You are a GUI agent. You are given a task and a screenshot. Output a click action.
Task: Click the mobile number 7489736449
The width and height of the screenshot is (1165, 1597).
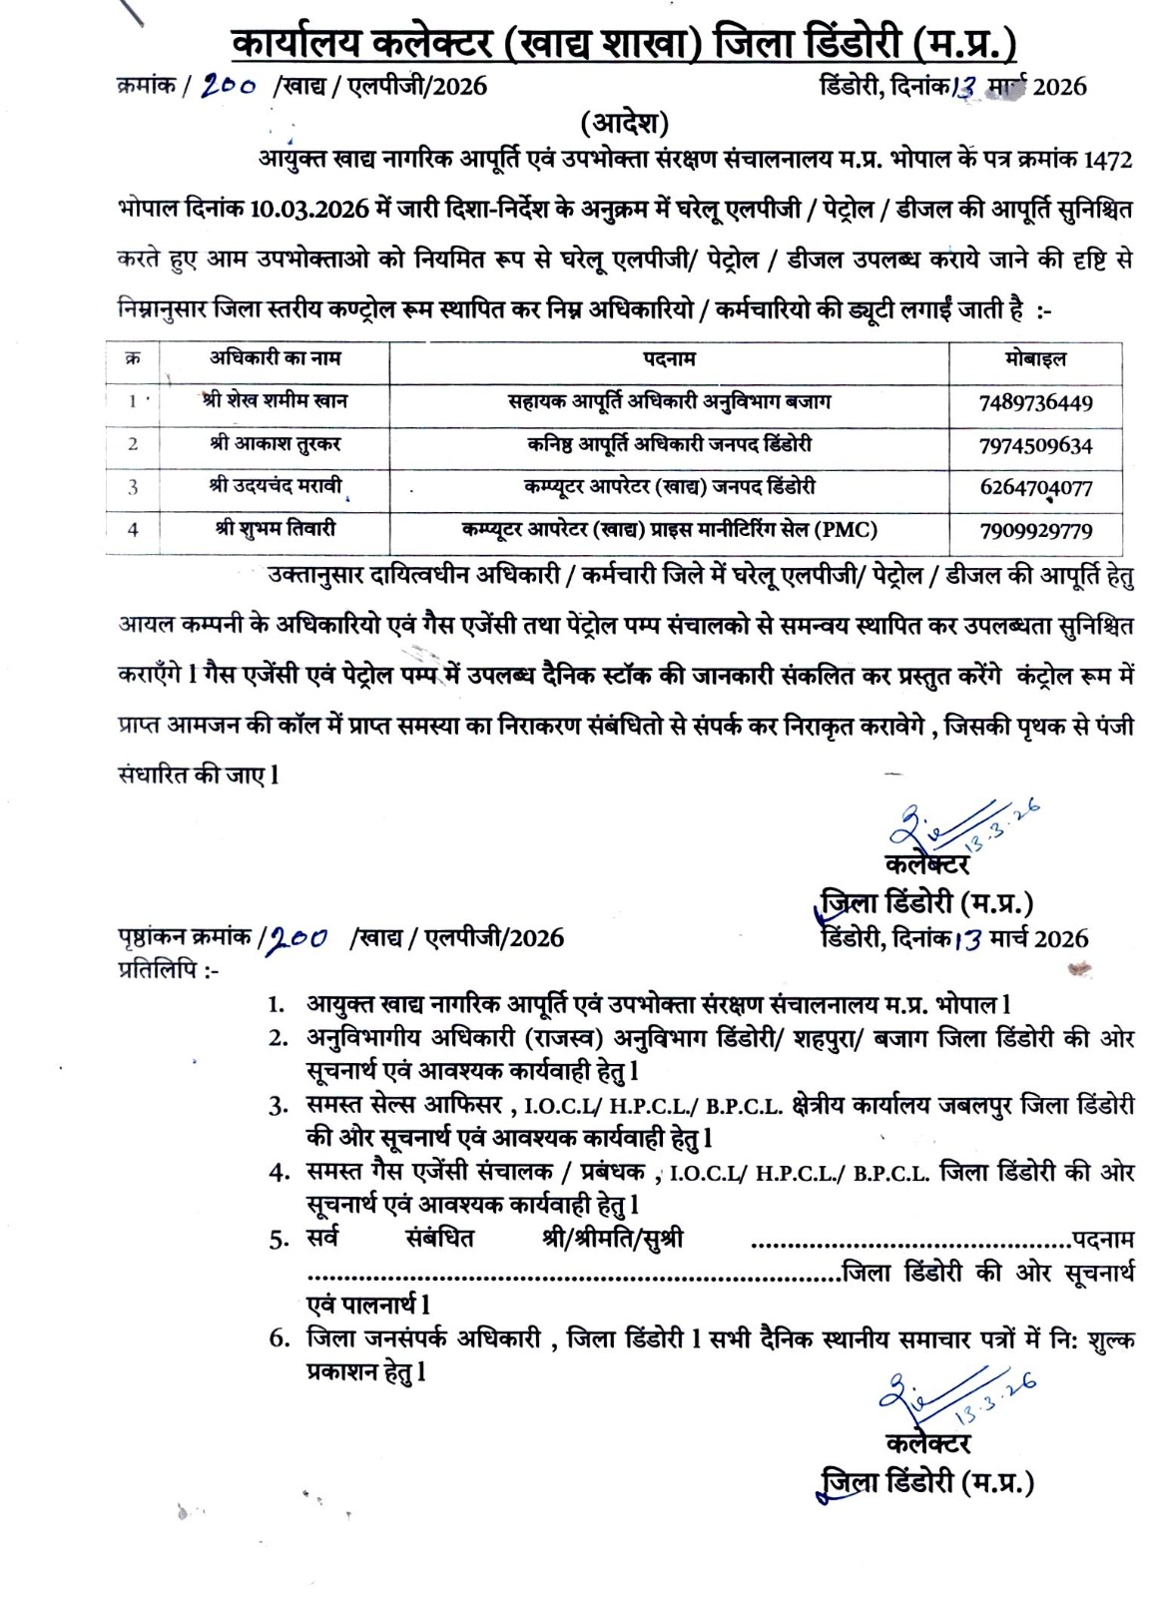click(x=1035, y=403)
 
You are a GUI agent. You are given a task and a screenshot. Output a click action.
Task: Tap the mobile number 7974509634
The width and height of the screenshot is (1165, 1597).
click(x=1035, y=445)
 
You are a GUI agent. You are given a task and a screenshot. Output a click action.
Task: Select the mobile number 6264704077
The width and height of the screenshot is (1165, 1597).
click(x=1035, y=488)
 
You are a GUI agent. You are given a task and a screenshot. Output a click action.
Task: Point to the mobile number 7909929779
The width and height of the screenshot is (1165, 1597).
click(x=1035, y=531)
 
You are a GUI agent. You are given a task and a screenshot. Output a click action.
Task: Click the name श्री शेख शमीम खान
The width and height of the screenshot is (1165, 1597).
click(x=274, y=401)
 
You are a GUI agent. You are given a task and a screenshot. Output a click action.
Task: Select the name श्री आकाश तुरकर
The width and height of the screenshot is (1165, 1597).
click(x=274, y=443)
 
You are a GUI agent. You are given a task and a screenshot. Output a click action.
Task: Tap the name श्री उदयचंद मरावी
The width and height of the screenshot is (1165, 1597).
click(x=274, y=486)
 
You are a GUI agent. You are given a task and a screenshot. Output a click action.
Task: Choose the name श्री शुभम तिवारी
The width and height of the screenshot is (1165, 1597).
click(x=274, y=529)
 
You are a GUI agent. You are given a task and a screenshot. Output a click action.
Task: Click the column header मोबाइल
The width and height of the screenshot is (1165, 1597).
click(x=1035, y=359)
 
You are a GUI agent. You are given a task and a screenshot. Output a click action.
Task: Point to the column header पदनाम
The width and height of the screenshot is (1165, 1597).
click(x=669, y=359)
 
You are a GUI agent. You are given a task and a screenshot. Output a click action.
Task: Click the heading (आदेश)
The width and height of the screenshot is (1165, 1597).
click(x=625, y=124)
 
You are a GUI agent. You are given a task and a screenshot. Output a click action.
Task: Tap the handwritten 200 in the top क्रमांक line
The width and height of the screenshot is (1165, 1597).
click(x=231, y=86)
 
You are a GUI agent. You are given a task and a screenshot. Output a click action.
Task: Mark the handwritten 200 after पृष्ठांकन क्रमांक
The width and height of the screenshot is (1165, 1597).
click(x=300, y=938)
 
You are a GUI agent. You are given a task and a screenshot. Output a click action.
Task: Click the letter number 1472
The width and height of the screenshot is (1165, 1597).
click(x=1107, y=160)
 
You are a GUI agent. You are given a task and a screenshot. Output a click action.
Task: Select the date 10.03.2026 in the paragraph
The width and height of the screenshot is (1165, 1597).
click(x=312, y=211)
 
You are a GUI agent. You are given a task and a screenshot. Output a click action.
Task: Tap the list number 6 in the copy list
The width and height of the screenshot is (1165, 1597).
click(x=279, y=1338)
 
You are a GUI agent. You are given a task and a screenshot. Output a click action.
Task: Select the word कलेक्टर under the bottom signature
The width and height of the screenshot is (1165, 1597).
click(x=927, y=1443)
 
